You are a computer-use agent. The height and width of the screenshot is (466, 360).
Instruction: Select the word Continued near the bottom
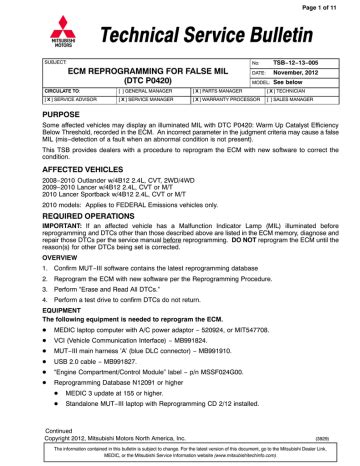tap(37, 426)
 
